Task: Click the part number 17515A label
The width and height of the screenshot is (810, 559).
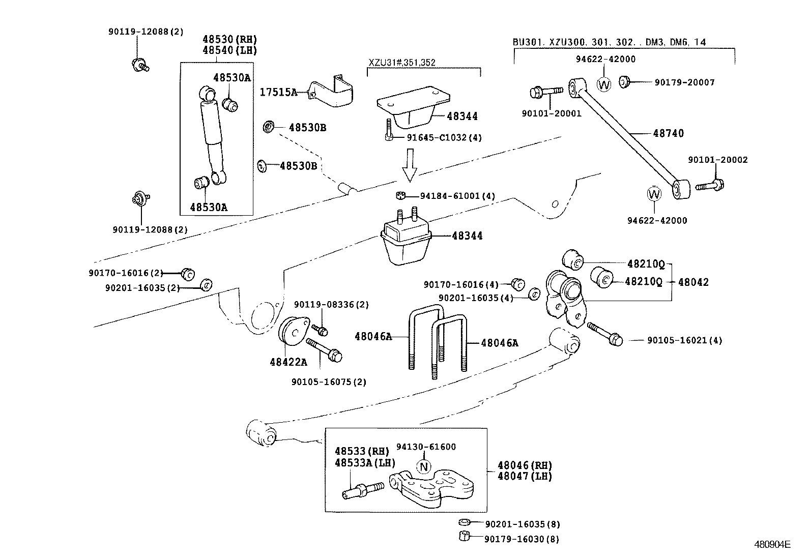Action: click(278, 92)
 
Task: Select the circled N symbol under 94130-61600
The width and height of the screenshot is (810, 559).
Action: click(424, 466)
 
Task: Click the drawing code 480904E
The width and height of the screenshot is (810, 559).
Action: click(772, 544)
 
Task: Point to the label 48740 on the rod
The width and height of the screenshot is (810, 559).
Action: click(669, 133)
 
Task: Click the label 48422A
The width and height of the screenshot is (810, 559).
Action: click(288, 362)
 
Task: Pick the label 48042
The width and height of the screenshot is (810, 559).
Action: click(693, 282)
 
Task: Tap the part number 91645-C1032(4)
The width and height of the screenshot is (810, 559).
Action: click(444, 137)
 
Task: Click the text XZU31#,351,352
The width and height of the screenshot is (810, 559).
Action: click(402, 63)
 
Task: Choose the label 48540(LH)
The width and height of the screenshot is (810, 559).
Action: click(229, 50)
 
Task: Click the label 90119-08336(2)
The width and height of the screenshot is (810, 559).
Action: click(331, 305)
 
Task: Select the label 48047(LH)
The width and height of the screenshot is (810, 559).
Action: click(524, 476)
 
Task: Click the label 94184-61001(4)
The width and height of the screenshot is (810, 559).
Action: click(457, 196)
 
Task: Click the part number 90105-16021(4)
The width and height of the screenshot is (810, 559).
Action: click(684, 340)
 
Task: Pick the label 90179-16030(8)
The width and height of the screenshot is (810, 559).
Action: click(522, 539)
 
